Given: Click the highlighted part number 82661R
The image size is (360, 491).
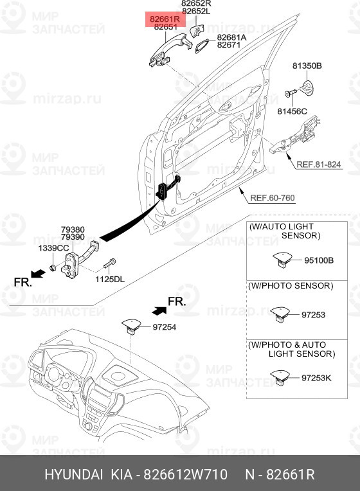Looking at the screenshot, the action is [165, 19].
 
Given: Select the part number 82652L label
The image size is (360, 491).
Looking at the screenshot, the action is [196, 12].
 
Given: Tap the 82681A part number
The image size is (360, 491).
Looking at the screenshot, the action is [232, 37].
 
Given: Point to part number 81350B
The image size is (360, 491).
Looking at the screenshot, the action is [307, 66].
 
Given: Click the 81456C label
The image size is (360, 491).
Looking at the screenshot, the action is [292, 111].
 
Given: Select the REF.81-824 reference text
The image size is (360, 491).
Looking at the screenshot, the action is [318, 164].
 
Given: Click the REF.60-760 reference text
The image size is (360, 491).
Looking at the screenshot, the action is [273, 198].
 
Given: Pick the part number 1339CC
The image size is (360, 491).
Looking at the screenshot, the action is [53, 248].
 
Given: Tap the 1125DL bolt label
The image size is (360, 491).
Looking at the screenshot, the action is [110, 279].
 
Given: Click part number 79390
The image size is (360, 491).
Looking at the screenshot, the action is [73, 237].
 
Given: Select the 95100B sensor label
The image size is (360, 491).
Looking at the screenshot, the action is [319, 260].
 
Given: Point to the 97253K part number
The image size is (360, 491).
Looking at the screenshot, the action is [316, 378].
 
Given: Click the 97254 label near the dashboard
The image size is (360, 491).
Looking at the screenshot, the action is [164, 327].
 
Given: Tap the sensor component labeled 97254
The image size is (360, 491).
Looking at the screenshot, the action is [132, 326].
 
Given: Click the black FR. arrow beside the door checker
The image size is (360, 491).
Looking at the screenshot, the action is [38, 273].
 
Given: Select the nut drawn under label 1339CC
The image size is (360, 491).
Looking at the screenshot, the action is [53, 267].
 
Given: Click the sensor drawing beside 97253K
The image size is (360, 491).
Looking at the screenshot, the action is [280, 377].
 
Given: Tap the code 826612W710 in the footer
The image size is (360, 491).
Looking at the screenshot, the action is [185, 474].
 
